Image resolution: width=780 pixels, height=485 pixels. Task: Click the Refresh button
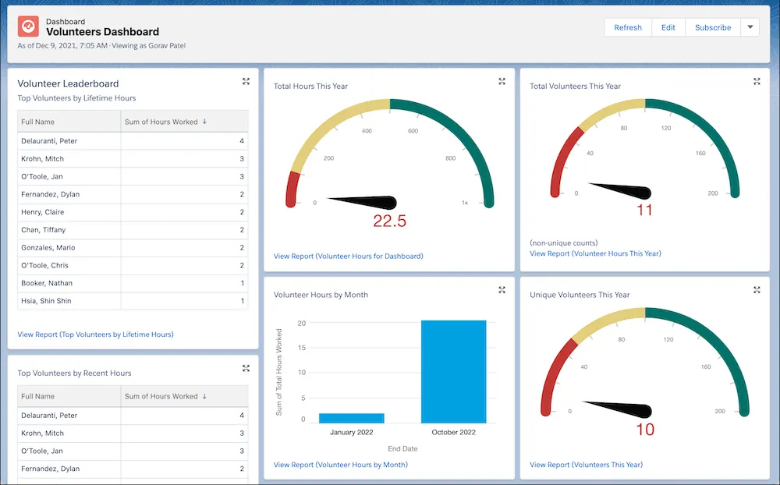click(627, 27)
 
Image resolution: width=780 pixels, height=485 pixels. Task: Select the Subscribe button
click(712, 27)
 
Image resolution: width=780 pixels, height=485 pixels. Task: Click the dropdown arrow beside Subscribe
click(749, 27)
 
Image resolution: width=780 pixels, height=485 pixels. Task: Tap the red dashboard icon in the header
click(29, 27)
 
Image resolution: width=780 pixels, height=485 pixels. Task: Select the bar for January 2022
click(351, 418)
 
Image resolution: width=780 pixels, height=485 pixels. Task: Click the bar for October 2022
click(453, 371)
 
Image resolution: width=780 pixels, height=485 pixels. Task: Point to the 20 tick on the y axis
click(301, 322)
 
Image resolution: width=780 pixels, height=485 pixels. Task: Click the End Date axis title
click(402, 448)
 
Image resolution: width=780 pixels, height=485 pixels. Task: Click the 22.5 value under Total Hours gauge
click(389, 221)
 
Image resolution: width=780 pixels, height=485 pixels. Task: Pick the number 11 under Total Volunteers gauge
click(644, 210)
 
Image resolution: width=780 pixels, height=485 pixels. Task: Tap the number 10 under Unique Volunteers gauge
click(644, 429)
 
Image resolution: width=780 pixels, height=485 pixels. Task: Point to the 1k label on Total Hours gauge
click(464, 203)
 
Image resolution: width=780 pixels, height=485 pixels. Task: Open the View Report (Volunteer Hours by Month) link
click(340, 465)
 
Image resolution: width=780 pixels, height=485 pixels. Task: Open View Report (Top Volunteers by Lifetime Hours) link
click(95, 335)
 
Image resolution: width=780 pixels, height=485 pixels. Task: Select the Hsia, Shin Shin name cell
click(46, 301)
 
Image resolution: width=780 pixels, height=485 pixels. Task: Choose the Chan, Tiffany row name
click(44, 230)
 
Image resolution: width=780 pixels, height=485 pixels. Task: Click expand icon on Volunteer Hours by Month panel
click(502, 290)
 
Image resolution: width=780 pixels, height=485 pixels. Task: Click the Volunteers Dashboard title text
click(102, 32)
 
